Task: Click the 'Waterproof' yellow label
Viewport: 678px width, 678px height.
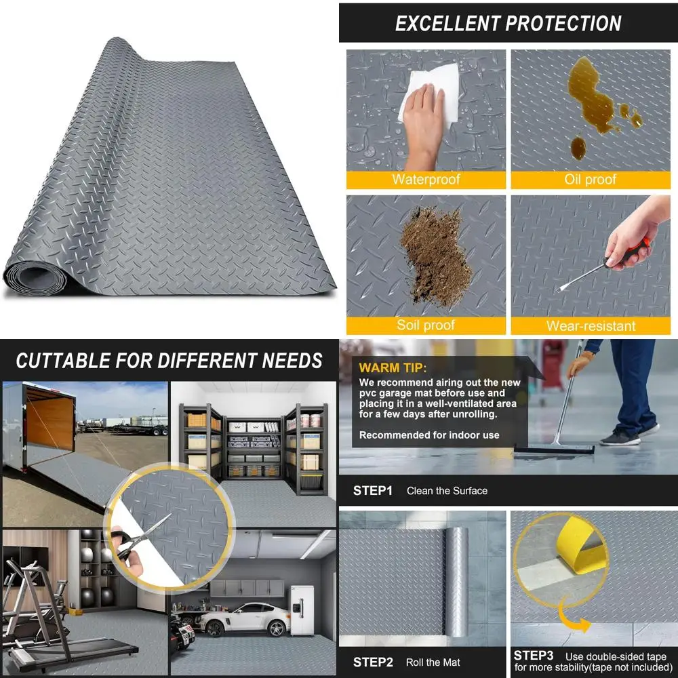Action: tap(426, 180)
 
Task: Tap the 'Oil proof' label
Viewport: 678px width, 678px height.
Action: tap(590, 180)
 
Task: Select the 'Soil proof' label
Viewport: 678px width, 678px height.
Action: tap(426, 325)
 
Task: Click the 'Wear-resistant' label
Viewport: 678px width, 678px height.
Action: tap(590, 325)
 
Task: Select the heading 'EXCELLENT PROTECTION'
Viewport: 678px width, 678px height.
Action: tap(508, 24)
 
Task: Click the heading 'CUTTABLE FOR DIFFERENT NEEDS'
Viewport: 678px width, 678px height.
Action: tap(169, 361)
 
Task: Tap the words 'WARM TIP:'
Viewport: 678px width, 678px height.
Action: tap(393, 368)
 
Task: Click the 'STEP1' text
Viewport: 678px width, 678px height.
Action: tap(372, 490)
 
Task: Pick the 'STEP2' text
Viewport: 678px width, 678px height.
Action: tap(373, 662)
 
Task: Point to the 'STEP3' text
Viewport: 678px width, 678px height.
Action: tap(534, 656)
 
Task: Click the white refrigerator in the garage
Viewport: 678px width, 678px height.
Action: tap(302, 610)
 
